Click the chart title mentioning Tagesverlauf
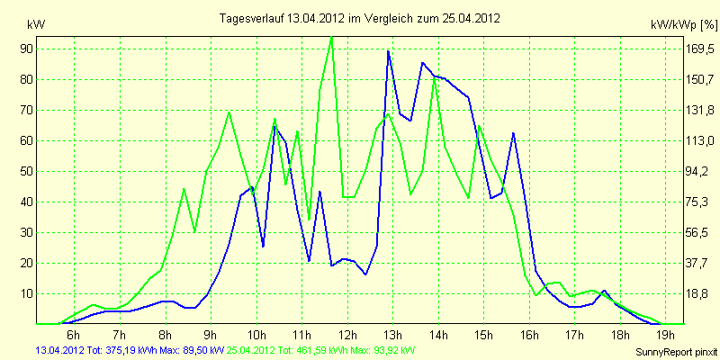point(359,18)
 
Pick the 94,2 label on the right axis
point(700,172)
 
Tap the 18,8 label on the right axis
point(700,294)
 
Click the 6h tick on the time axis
point(74,333)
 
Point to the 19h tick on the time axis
point(665,333)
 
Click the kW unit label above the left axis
point(36,25)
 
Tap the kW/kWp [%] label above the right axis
point(684,25)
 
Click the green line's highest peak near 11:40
point(331,37)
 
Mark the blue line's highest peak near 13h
point(388,51)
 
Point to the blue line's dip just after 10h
point(263,246)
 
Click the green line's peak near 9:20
point(229,112)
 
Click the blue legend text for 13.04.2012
point(130,351)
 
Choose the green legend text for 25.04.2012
point(321,351)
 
